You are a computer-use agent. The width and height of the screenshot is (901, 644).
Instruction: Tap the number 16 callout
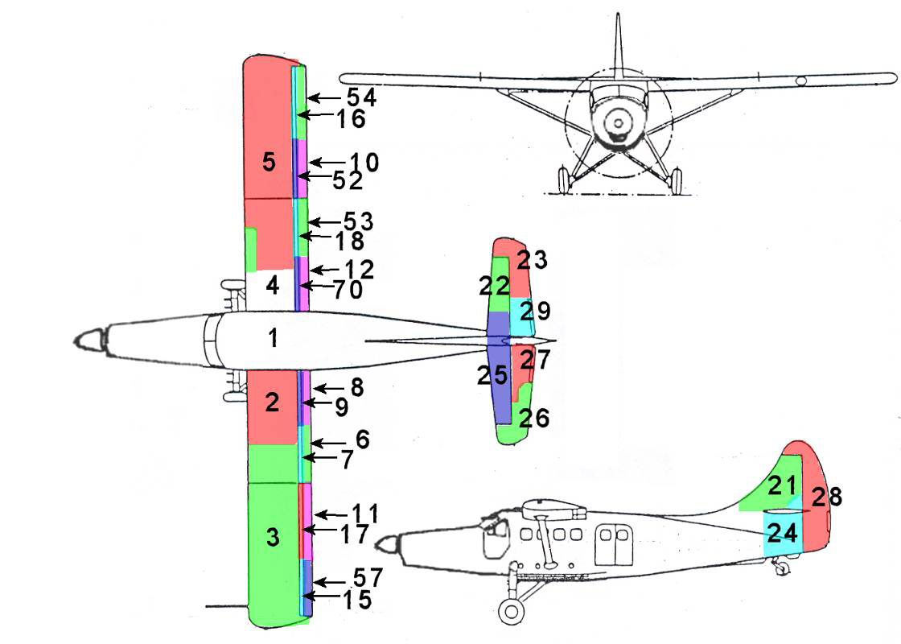point(352,119)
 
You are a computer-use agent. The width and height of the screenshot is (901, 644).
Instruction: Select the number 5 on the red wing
point(269,162)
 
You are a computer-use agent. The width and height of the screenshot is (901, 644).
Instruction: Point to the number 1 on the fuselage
point(274,339)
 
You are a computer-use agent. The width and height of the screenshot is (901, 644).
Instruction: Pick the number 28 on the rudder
point(826,497)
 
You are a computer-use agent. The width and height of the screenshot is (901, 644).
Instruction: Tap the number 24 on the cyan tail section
point(782,532)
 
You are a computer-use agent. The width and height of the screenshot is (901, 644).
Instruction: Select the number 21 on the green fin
point(781,485)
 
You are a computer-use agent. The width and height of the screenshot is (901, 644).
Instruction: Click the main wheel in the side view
point(510,611)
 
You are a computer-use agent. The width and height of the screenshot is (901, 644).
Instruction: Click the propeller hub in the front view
point(618,123)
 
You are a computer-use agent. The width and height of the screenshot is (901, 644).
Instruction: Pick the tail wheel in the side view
point(780,568)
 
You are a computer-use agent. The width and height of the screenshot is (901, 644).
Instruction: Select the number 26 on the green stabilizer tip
point(534,418)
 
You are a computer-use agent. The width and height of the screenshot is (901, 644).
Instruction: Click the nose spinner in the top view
point(91,340)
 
